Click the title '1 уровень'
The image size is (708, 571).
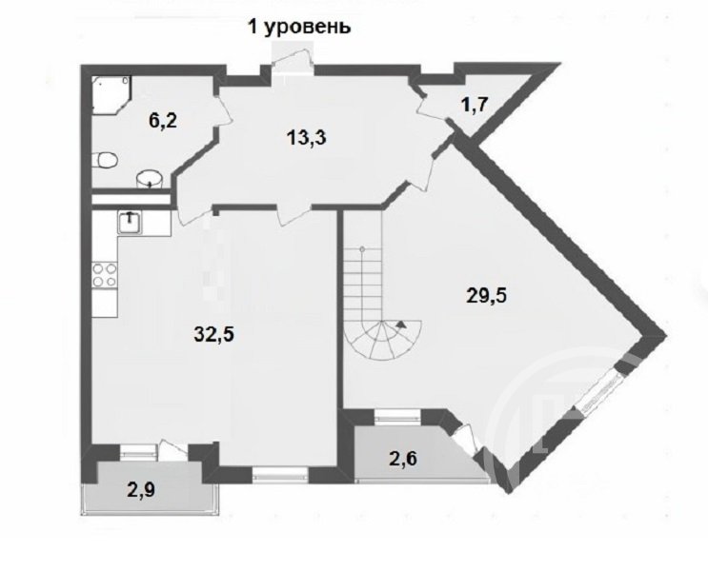click(299, 27)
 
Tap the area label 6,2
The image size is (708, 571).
click(163, 121)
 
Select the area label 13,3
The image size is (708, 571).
click(307, 138)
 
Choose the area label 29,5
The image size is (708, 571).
click(486, 296)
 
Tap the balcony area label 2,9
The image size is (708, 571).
click(141, 490)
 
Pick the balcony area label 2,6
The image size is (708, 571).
click(403, 459)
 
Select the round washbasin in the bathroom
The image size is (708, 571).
click(150, 178)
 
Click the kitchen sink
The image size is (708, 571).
click(130, 222)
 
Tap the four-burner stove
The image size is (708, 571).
click(104, 275)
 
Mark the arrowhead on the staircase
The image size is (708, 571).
click(400, 324)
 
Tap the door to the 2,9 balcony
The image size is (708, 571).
click(172, 450)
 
